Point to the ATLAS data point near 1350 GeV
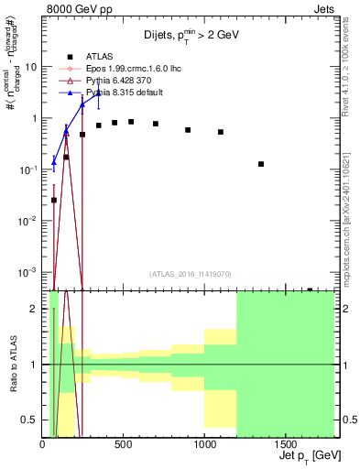[261, 164]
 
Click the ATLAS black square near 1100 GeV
[221, 132]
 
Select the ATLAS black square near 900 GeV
[188, 130]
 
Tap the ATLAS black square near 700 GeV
[156, 124]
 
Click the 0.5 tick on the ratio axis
[33, 420]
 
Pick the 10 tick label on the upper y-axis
[32, 67]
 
